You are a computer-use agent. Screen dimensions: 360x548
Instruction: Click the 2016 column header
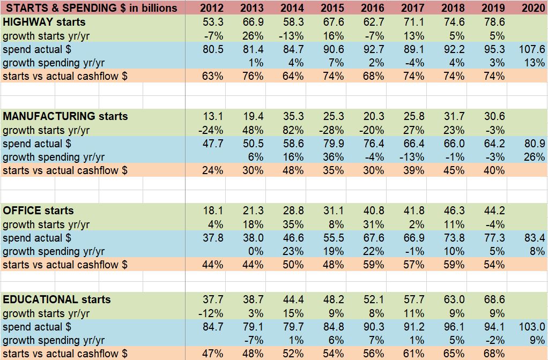pos(372,8)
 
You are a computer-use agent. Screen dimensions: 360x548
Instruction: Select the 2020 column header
pos(533,8)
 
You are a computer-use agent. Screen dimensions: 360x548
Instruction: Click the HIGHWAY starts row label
pos(44,22)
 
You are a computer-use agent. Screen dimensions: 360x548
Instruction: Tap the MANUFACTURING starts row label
pos(65,116)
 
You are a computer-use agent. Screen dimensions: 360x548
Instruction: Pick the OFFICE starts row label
pos(38,211)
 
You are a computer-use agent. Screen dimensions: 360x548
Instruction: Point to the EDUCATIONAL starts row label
pos(57,299)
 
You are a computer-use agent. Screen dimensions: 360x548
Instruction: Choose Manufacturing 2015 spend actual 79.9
pos(332,144)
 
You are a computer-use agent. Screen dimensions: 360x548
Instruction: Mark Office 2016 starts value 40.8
pos(373,211)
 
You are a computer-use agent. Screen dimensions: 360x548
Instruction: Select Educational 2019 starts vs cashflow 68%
pos(493,354)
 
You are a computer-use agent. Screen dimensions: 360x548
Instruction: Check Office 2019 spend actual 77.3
pos(493,238)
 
